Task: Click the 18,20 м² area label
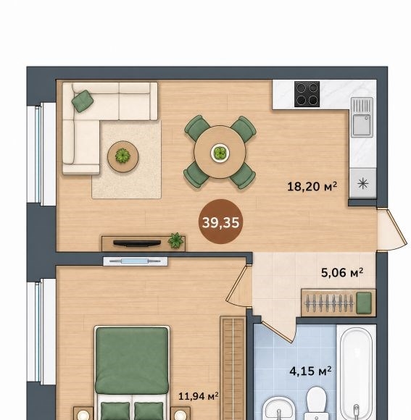click(312, 186)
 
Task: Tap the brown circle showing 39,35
click(220, 222)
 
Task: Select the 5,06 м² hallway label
click(342, 273)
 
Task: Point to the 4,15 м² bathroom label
click(310, 371)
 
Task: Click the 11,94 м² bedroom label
click(199, 396)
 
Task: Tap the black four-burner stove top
click(307, 94)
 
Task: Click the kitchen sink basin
click(362, 125)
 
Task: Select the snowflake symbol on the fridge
click(362, 184)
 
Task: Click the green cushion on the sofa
click(83, 101)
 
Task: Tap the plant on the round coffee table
click(123, 156)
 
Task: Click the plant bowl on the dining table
click(220, 153)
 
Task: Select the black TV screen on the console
click(137, 243)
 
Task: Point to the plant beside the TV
click(176, 240)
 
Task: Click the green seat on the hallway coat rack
click(364, 303)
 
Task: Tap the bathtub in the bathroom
click(357, 372)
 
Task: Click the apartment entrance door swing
click(392, 230)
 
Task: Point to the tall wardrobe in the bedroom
click(233, 368)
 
